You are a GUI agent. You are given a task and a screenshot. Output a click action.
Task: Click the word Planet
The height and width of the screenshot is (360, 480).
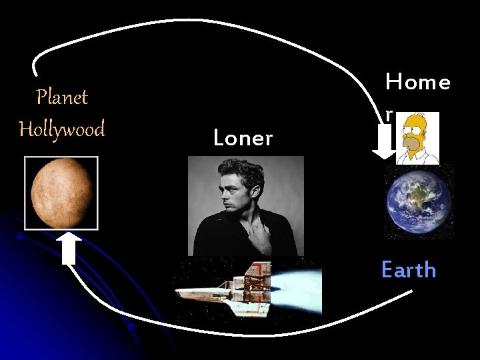(x=62, y=97)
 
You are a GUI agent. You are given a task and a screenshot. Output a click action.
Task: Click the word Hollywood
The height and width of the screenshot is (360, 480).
(x=62, y=128)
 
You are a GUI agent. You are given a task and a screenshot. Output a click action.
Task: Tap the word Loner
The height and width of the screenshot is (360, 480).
(x=243, y=139)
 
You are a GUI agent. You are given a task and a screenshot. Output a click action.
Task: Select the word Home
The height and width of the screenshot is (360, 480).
(x=417, y=83)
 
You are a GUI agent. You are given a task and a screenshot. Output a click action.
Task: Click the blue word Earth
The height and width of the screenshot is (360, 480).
(x=409, y=270)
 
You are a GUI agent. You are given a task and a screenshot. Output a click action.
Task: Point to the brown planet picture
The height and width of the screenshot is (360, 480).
(x=61, y=193)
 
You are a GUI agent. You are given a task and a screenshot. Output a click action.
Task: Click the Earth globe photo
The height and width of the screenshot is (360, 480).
(x=419, y=201)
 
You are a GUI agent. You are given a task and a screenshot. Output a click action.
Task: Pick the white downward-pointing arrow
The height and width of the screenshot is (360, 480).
(x=385, y=144)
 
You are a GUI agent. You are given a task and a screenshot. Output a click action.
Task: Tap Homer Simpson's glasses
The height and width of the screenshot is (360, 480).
(x=414, y=133)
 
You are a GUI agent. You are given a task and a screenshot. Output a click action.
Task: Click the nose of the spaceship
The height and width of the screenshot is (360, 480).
(x=178, y=294)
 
